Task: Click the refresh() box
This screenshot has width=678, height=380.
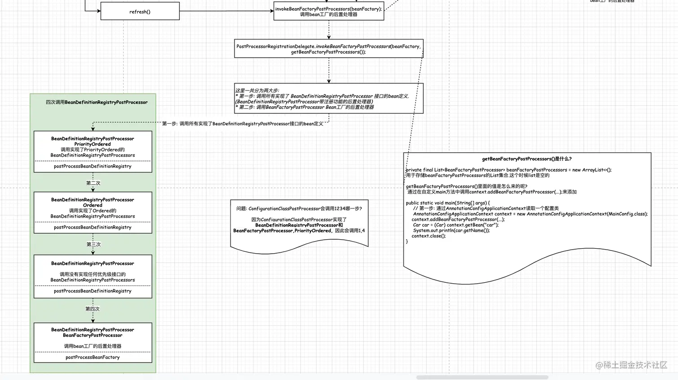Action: [x=140, y=12]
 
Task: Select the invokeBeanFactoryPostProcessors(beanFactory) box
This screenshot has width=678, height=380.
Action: [x=329, y=11]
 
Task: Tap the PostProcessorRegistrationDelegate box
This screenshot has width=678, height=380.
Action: [x=329, y=49]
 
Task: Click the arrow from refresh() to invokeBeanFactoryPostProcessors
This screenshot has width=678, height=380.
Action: [x=226, y=11]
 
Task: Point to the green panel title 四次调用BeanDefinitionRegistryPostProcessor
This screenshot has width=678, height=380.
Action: [x=96, y=102]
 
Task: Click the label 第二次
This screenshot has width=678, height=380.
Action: [x=93, y=183]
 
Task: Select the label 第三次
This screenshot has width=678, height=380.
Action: [x=93, y=244]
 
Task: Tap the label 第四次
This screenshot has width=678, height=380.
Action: [x=92, y=309]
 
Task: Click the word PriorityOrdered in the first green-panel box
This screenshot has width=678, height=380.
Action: [x=92, y=144]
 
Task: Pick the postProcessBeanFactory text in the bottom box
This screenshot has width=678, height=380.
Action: [x=92, y=357]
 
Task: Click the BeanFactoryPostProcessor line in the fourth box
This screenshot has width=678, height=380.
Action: [x=92, y=335]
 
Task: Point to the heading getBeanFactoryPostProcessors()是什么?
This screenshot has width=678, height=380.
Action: [x=526, y=159]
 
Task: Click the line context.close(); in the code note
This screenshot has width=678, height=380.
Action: [x=429, y=236]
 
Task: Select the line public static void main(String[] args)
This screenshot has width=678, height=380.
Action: [x=448, y=203]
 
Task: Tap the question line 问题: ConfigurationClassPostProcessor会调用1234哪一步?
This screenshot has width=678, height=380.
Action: [x=299, y=208]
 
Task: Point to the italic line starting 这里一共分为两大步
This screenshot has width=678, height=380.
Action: [x=257, y=91]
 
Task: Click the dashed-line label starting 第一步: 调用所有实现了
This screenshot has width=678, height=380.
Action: [x=242, y=124]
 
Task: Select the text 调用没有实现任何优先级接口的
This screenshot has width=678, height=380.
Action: [x=92, y=274]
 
